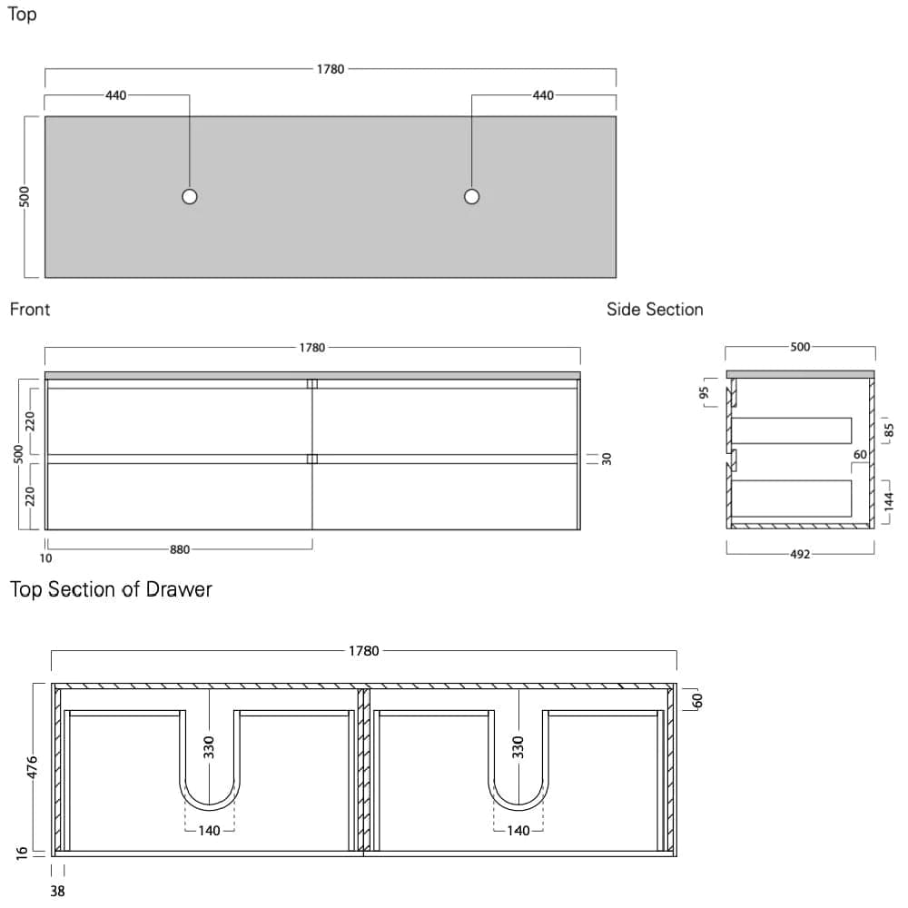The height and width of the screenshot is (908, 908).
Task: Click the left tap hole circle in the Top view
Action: [189, 196]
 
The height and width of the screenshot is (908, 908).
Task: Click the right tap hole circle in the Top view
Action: [471, 196]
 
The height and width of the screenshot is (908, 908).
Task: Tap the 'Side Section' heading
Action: [655, 310]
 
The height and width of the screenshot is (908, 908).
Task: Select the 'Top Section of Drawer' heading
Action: [111, 589]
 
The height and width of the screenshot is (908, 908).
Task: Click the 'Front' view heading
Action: [30, 310]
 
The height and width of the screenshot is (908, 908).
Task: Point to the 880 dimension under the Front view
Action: [180, 548]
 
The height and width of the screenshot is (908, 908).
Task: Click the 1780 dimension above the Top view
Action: [331, 69]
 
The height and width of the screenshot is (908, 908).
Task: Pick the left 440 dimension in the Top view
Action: [116, 95]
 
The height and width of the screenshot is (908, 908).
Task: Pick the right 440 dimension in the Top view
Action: [543, 95]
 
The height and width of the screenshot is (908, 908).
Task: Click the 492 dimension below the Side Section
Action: [800, 555]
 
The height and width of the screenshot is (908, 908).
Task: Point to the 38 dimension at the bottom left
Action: [57, 891]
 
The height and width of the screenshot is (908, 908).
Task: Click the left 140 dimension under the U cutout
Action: [210, 831]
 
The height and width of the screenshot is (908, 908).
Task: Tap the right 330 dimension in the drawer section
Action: [518, 747]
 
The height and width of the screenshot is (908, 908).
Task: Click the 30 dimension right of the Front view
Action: [607, 459]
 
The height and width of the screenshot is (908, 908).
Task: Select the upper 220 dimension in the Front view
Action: [30, 420]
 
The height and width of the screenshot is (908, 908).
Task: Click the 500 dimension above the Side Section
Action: [800, 347]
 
